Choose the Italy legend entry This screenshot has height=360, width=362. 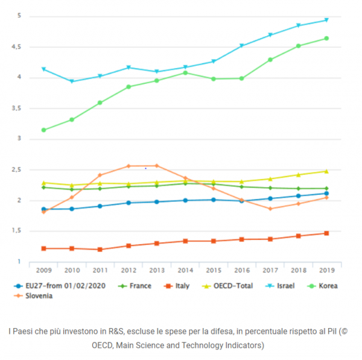tap(179, 286)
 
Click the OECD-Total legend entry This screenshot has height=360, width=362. tap(232, 286)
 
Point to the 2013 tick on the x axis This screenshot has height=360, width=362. tap(157, 270)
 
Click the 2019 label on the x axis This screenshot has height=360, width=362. tap(326, 270)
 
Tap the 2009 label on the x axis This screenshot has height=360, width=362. tap(44, 270)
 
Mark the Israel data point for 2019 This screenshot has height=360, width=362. tap(326, 20)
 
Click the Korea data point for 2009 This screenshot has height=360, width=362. tap(43, 130)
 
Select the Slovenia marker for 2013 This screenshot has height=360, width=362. tap(157, 165)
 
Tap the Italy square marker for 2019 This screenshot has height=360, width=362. tap(326, 233)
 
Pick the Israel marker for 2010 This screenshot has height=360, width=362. tap(72, 81)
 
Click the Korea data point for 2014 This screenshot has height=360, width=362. tap(185, 73)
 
